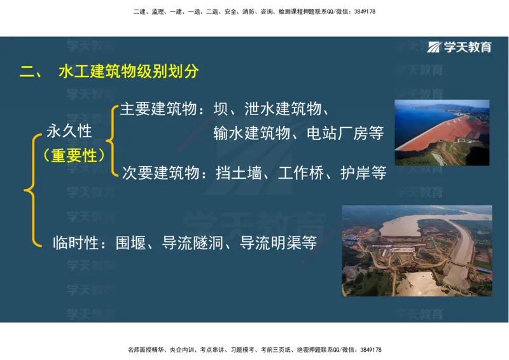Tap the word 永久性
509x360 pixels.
(x=70, y=132)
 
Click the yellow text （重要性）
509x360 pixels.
(x=74, y=155)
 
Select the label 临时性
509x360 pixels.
(x=75, y=242)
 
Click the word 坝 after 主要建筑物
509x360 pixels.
(x=221, y=109)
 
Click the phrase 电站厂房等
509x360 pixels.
(x=345, y=134)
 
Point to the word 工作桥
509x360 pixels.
(x=301, y=173)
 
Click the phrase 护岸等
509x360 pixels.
(x=363, y=173)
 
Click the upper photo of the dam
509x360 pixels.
(x=442, y=133)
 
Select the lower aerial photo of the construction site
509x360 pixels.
(x=417, y=251)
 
